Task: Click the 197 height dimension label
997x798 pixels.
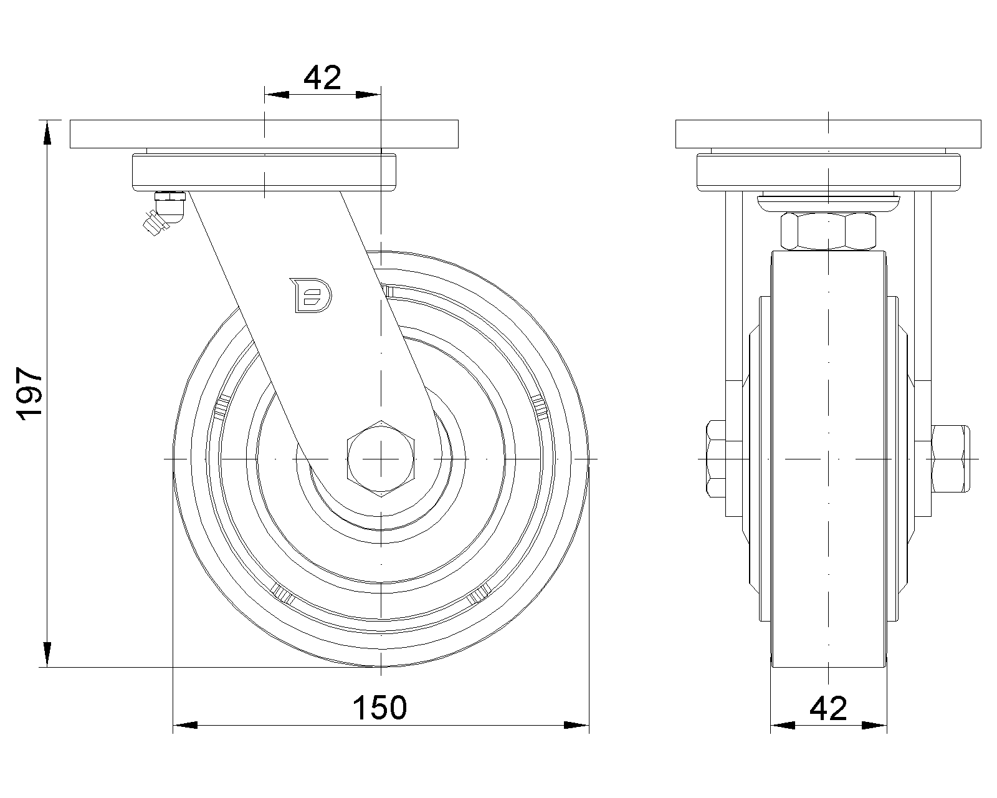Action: [x=29, y=393]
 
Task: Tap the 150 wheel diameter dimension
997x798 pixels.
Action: [x=380, y=708]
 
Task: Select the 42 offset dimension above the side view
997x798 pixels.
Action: [x=322, y=78]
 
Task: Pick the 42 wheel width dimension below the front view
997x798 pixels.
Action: [x=828, y=708]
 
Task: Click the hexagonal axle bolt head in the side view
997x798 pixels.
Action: [x=381, y=459]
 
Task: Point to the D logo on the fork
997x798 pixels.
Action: [x=310, y=296]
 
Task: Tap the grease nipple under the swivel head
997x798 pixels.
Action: [x=165, y=213]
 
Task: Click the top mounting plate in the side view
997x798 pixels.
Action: [x=264, y=134]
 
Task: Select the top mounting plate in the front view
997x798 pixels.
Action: [x=828, y=134]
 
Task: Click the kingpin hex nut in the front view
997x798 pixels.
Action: [x=828, y=231]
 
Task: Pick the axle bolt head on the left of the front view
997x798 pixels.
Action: [x=716, y=459]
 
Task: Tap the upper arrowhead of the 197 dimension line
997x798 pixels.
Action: [x=47, y=133]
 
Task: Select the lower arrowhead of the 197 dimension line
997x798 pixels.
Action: [x=47, y=655]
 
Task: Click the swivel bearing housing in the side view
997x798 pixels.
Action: [x=264, y=173]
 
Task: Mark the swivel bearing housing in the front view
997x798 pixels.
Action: [x=828, y=173]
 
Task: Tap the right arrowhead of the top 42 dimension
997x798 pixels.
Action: [x=368, y=95]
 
